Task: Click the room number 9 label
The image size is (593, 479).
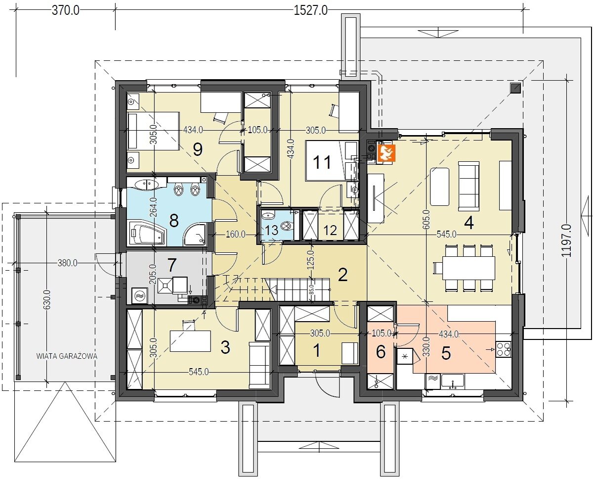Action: (x=198, y=150)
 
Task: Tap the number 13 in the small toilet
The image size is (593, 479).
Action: (x=271, y=230)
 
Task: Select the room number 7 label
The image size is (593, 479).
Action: (x=171, y=265)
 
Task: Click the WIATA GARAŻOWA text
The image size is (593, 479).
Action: (x=67, y=356)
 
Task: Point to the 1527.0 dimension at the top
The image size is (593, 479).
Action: (x=310, y=11)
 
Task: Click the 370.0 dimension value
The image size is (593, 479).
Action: (x=66, y=11)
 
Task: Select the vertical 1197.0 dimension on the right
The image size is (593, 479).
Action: (x=566, y=240)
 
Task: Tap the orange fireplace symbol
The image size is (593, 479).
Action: (x=387, y=153)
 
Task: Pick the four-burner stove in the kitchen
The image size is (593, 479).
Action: (x=503, y=349)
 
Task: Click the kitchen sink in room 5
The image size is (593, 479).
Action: (x=453, y=382)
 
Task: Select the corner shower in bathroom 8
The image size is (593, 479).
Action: (x=195, y=235)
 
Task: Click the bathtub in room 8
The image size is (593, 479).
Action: (x=147, y=235)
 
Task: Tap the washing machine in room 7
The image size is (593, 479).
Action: (x=139, y=296)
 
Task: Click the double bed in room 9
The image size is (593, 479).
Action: (x=153, y=131)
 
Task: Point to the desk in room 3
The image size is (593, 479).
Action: (x=190, y=341)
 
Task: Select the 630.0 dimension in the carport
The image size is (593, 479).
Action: (x=47, y=299)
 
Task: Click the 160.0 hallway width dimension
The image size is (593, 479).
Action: (x=236, y=235)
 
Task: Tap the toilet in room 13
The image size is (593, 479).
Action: (x=287, y=226)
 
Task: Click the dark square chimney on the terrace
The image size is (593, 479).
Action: (x=515, y=88)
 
